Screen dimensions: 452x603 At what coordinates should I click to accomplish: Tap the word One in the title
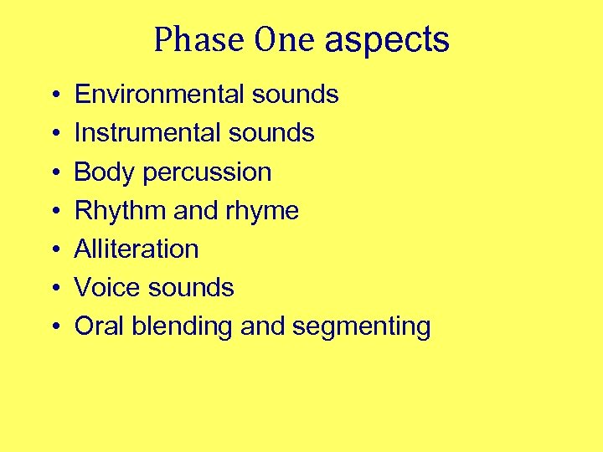pyautogui.click(x=286, y=39)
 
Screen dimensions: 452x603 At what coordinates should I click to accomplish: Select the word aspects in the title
pyautogui.click(x=387, y=40)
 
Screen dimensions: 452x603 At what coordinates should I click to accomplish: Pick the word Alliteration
pyautogui.click(x=137, y=249)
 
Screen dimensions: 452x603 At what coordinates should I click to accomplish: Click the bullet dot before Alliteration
pyautogui.click(x=53, y=249)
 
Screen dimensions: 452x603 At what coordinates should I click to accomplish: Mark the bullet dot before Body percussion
pyautogui.click(x=53, y=172)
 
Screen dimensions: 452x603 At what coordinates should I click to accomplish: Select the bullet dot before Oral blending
pyautogui.click(x=53, y=326)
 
